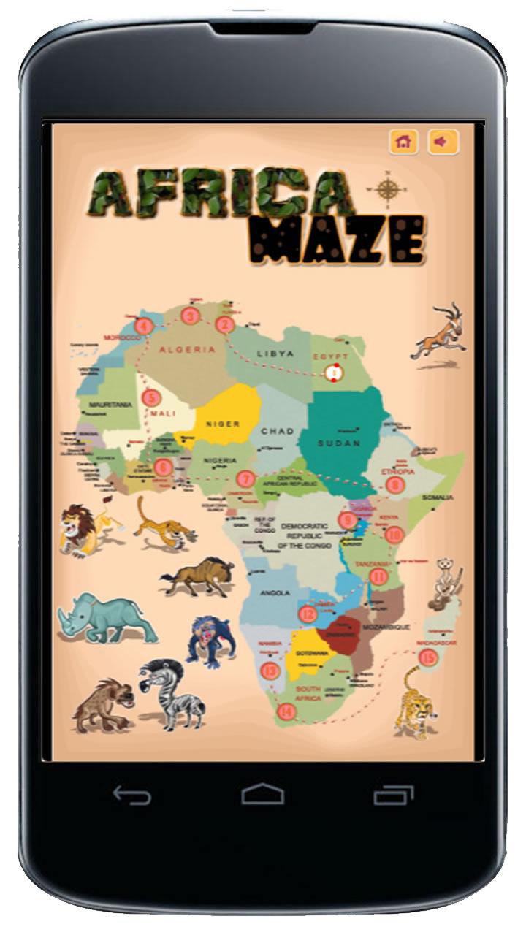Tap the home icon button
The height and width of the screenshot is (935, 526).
403,142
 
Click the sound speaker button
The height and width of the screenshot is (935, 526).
443,142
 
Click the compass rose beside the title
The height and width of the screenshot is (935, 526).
387,188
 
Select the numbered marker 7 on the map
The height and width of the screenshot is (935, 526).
245,480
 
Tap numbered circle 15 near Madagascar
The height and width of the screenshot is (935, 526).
429,657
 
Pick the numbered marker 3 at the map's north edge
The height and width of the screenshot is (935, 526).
191,316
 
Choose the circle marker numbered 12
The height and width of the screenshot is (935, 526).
308,614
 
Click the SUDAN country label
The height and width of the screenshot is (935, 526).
339,443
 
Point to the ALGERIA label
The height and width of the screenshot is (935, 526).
188,350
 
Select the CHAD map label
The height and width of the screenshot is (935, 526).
278,431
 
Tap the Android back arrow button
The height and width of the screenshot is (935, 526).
132,794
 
